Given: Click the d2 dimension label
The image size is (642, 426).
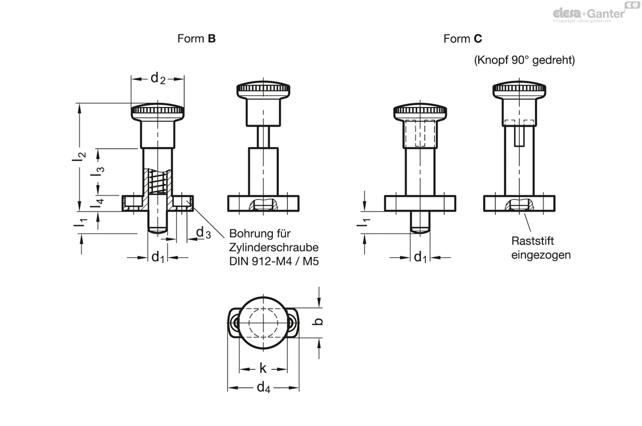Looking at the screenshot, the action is point(158,78).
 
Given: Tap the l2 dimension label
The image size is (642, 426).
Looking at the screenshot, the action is point(79,159).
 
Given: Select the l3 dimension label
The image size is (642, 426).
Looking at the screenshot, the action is point(97,171).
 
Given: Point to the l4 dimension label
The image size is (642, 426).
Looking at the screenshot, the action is point(97,203).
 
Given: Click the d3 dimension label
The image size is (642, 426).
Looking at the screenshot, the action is point(203,233).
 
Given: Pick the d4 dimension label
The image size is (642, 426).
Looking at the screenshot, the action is point(263,388).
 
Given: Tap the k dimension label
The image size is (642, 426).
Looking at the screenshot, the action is point(263,368).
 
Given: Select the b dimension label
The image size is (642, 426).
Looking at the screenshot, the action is point(317,321).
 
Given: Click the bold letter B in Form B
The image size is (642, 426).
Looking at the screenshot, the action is point(211,38).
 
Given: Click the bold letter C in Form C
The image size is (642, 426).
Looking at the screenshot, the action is point(478,38).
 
